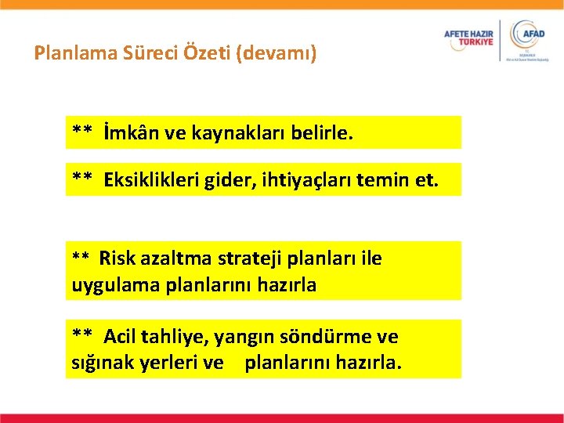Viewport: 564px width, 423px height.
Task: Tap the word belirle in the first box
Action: (321, 132)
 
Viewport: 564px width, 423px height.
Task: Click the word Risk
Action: (117, 258)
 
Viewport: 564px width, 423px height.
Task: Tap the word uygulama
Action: (115, 285)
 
